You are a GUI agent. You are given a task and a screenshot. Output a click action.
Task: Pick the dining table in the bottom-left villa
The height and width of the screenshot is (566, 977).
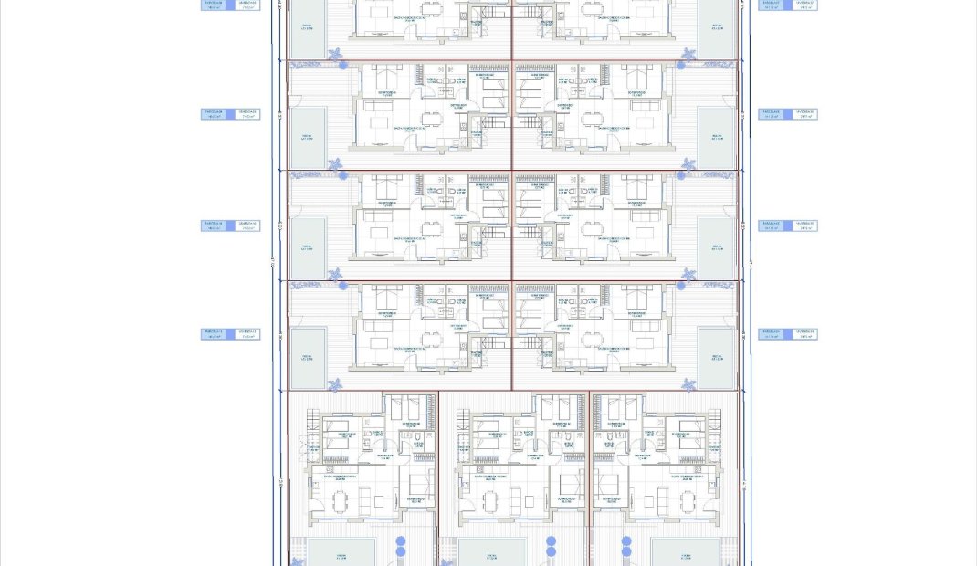(341, 501)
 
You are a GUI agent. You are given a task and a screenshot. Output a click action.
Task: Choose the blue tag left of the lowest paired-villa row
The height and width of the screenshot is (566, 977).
(230, 335)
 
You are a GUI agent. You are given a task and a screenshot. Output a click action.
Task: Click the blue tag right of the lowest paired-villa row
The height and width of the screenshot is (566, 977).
(788, 335)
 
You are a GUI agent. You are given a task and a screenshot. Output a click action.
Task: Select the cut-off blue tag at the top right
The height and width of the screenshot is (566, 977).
(788, 5)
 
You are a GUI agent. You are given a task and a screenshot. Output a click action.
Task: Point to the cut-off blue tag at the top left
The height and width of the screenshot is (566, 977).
(230, 5)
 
